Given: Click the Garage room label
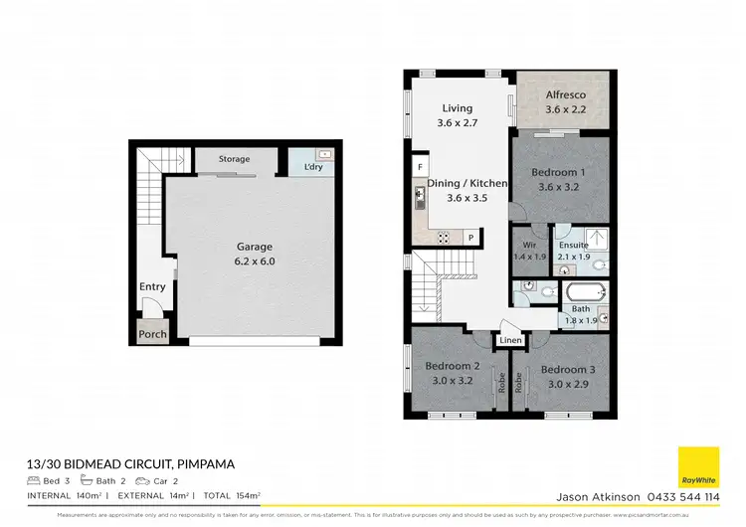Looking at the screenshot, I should tap(254, 247).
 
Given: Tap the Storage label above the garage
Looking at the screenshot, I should tap(235, 159).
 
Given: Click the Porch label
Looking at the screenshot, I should tap(152, 335).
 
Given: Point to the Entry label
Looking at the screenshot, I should tap(152, 287).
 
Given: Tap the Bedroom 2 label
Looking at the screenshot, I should tap(453, 366).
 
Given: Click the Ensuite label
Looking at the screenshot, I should tap(573, 245).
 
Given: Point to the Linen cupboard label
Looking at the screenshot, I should tap(510, 341).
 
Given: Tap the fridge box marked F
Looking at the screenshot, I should tap(421, 166).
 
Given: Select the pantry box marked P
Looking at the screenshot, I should tap(468, 237).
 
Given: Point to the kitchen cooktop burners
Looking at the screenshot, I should tap(444, 237).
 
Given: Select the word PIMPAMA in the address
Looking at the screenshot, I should tap(205, 464).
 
